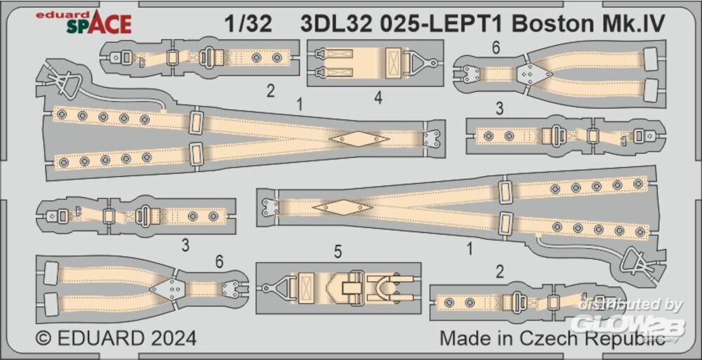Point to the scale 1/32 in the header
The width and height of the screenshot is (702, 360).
coord(248,24)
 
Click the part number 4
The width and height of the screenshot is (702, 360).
coord(378,98)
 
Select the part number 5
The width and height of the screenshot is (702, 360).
coord(338,252)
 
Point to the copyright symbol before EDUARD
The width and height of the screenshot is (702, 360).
coord(44,338)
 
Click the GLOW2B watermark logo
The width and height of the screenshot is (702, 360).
coord(630,326)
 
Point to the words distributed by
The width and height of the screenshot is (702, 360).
coord(630,305)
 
